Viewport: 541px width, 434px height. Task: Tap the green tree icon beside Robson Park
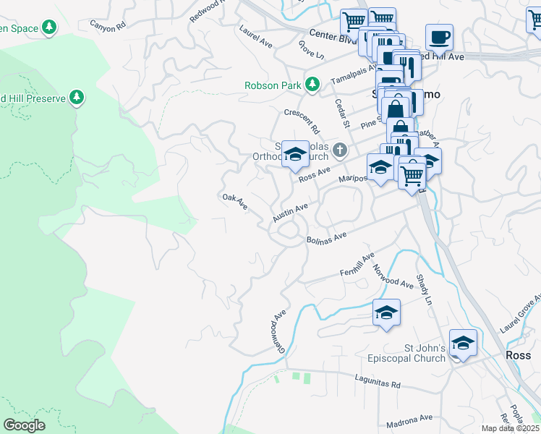tap(312, 84)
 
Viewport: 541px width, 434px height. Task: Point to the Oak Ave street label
tap(235, 201)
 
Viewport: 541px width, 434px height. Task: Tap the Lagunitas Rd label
tap(377, 380)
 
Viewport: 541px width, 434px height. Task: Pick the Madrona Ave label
tap(410, 417)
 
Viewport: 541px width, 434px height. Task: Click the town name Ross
tap(519, 356)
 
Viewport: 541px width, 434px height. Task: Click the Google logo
tap(24, 425)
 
